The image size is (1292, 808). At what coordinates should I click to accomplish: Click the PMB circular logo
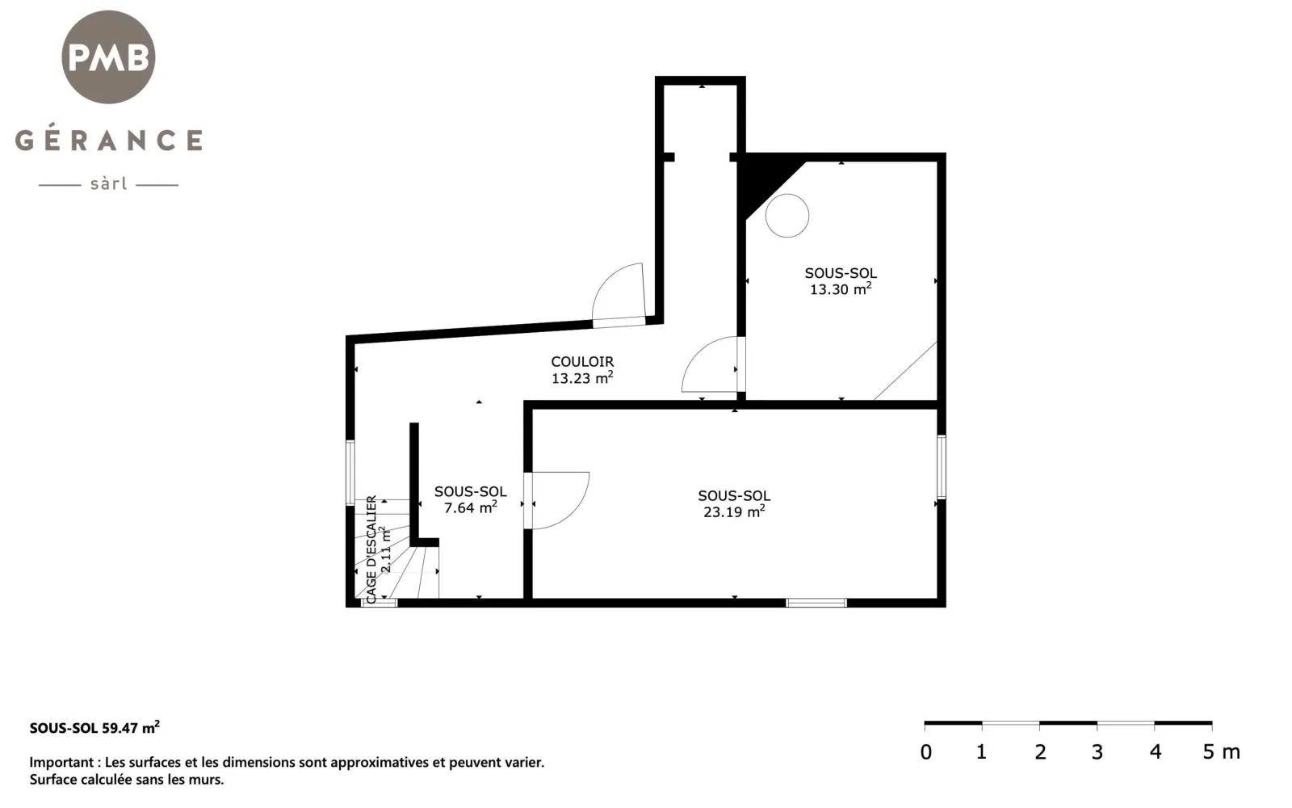click(x=108, y=57)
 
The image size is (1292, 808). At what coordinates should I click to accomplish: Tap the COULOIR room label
click(x=582, y=362)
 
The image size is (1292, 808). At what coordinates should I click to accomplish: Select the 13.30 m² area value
click(x=841, y=288)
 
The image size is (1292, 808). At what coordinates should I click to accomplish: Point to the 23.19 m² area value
click(x=734, y=511)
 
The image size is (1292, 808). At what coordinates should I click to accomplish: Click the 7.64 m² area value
click(x=471, y=507)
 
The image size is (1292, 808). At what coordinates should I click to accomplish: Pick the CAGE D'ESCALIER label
click(x=372, y=549)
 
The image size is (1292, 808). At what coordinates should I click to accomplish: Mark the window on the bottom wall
click(x=816, y=603)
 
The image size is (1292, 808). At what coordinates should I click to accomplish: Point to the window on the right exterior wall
click(x=942, y=467)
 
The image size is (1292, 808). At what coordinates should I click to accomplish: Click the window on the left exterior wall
click(x=350, y=473)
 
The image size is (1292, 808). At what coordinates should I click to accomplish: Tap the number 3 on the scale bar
click(x=1097, y=752)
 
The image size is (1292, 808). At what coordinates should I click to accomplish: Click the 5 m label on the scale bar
click(x=1221, y=752)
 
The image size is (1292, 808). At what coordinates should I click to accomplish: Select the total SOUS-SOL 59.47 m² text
click(x=94, y=727)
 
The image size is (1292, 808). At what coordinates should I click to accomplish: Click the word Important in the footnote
click(x=61, y=763)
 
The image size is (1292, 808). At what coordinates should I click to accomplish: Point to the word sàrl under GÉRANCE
click(x=108, y=184)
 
